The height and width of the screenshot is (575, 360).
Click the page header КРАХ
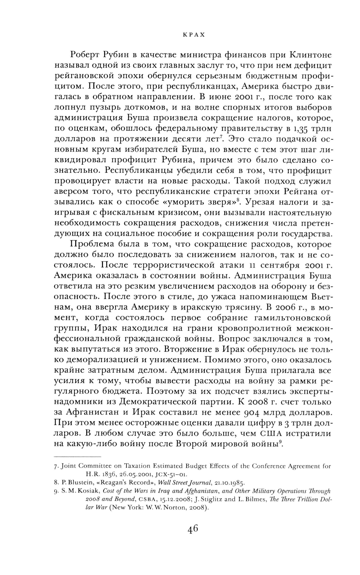point(194,35)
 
